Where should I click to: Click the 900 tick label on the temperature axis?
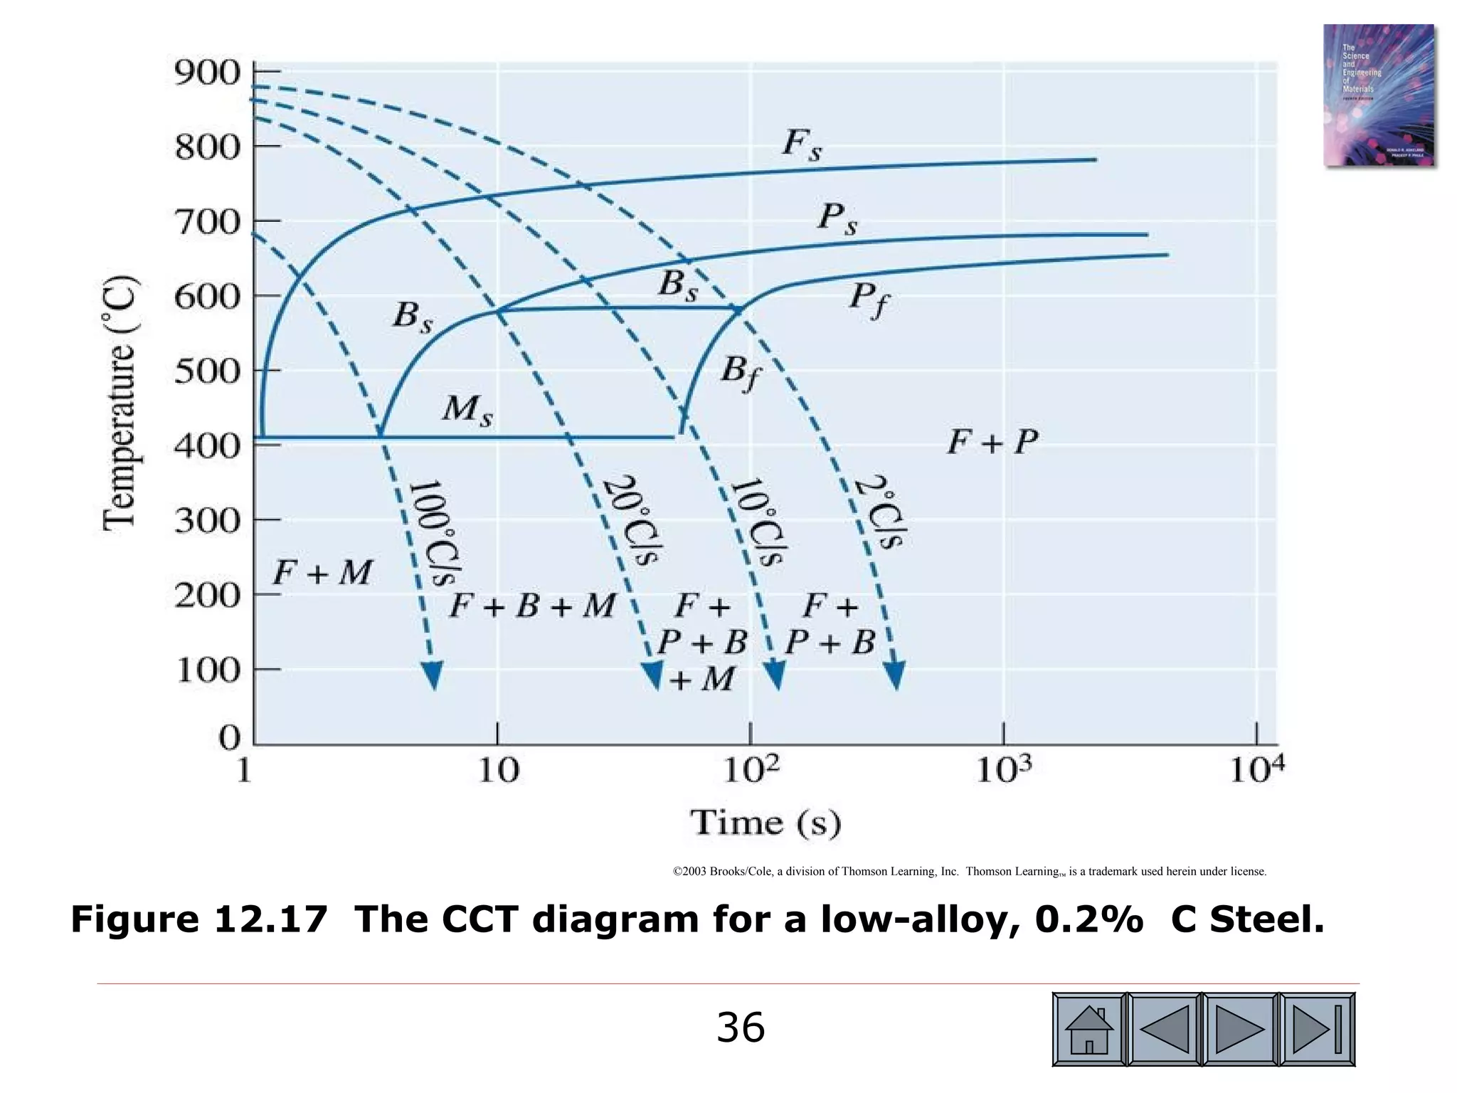[208, 73]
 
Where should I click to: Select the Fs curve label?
[802, 146]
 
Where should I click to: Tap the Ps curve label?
[837, 218]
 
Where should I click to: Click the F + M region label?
[322, 573]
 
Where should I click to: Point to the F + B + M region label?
[533, 606]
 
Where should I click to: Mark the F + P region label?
[992, 443]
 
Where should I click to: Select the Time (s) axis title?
[765, 823]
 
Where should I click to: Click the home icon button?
[1088, 1030]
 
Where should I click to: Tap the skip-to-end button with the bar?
[1317, 1030]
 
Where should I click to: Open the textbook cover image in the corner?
[1378, 95]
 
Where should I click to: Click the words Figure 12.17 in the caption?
[199, 919]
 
